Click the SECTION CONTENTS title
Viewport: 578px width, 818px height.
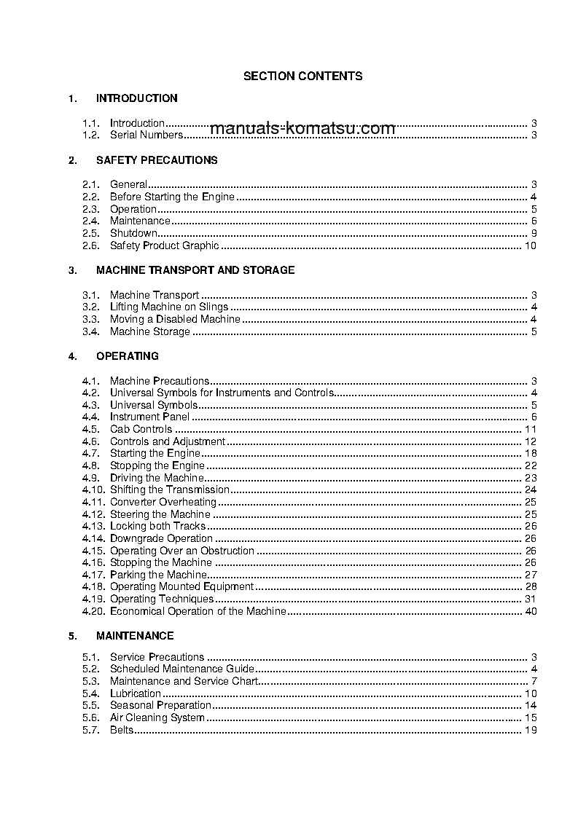[302, 76]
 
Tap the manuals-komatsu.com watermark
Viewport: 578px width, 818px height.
[302, 129]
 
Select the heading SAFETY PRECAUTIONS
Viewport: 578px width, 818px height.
[156, 160]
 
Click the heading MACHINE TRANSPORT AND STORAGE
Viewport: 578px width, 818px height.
[195, 270]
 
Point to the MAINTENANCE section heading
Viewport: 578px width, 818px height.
[134, 636]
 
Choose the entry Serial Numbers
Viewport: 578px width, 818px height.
[146, 135]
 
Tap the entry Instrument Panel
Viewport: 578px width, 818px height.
[149, 417]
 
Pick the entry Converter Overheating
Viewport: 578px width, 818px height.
[163, 502]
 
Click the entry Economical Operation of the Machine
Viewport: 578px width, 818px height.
[198, 611]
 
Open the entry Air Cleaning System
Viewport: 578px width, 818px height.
[157, 717]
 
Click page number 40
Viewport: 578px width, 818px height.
[530, 611]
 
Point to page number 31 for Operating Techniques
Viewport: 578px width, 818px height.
[530, 599]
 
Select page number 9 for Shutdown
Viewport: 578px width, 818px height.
[534, 233]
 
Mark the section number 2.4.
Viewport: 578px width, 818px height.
[90, 221]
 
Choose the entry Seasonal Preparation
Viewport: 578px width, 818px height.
[160, 705]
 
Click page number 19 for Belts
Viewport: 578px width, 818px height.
[530, 730]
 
